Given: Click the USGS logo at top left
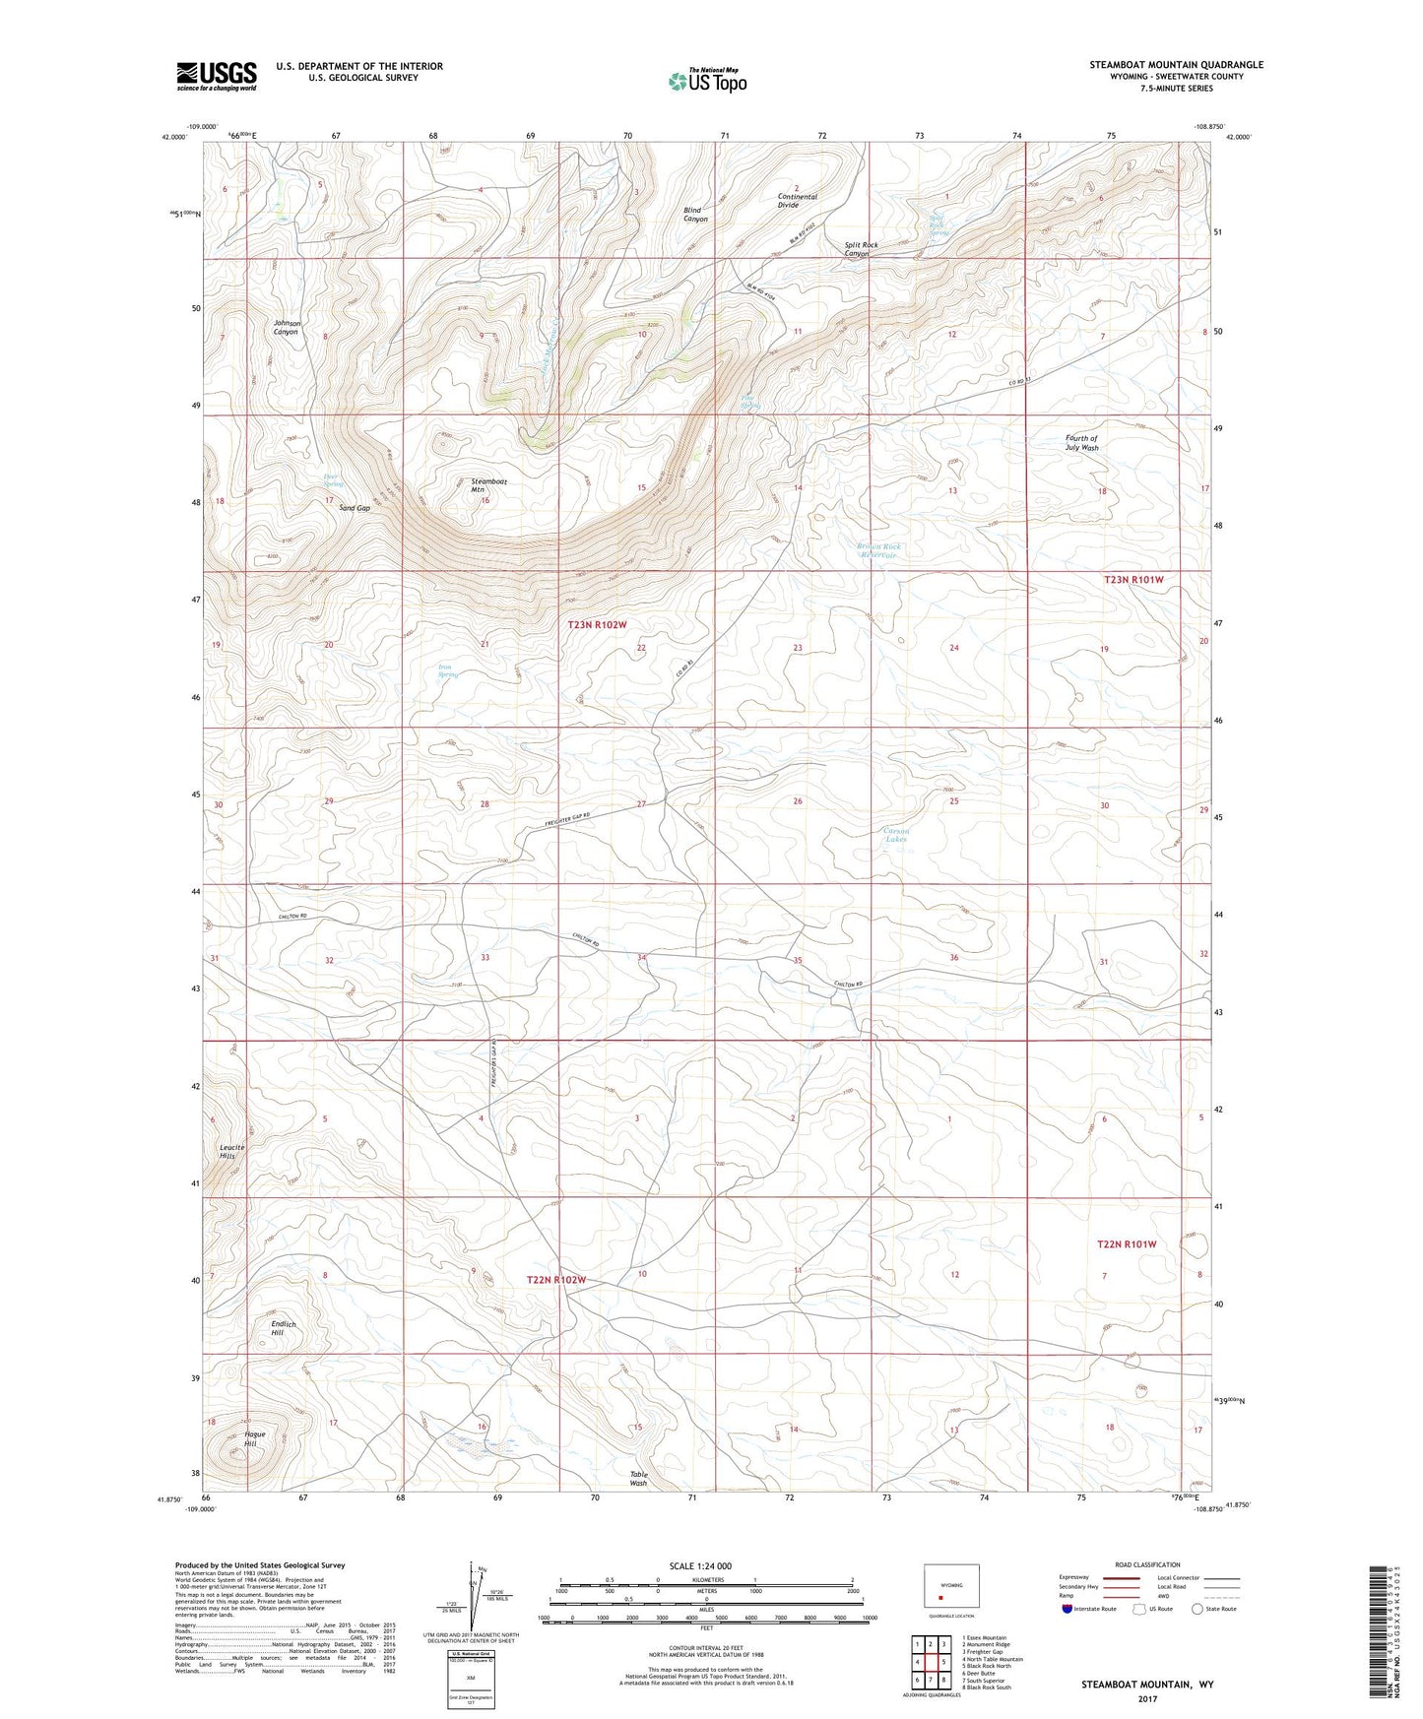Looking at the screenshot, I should [x=217, y=76].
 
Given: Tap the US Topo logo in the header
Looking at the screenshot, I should [x=706, y=81].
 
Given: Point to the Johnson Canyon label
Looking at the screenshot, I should [x=288, y=328].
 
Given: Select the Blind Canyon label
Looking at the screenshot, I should [x=695, y=215].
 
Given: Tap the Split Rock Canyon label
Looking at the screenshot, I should [x=861, y=249].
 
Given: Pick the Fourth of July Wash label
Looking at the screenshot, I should [x=1081, y=443].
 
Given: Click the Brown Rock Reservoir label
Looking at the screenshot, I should [x=878, y=550].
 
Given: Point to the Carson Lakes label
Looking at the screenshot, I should [x=895, y=835].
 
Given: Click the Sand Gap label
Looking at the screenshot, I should [x=355, y=508].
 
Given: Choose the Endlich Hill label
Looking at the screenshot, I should [x=284, y=1328].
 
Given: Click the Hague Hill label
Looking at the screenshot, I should [x=254, y=1439].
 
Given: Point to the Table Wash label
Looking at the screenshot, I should [x=638, y=1478].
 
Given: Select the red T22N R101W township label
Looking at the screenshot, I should [x=1127, y=1244].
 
